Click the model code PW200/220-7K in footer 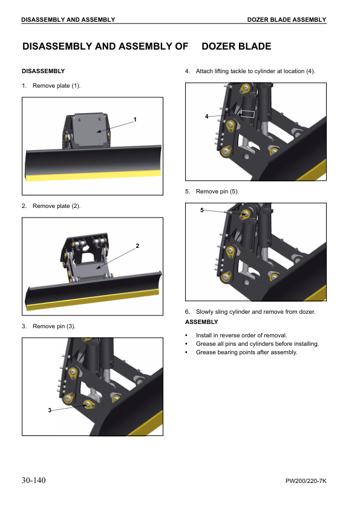pos(306,482)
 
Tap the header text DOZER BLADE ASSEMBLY pos(286,20)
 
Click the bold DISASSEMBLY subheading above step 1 pos(43,71)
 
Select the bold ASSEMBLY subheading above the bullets pos(201,322)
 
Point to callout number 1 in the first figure pos(135,119)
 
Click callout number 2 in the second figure pos(137,245)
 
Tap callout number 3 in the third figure pos(50,410)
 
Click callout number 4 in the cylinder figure pos(206,116)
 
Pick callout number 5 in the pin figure pos(201,210)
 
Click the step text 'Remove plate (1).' pos(56,86)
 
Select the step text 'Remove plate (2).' pos(56,206)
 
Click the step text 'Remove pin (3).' pos(54,326)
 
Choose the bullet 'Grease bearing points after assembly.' pos(246,352)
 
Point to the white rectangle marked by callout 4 pos(247,114)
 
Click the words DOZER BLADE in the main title pos(236,47)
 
